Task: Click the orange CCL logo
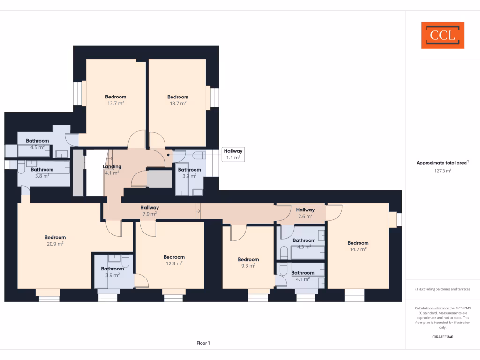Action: click(442, 35)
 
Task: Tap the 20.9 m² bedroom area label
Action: click(55, 244)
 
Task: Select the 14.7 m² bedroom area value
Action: click(358, 249)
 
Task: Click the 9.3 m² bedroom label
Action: click(248, 262)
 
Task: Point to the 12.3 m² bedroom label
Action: click(174, 260)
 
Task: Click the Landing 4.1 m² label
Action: click(112, 170)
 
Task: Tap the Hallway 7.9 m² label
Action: click(150, 210)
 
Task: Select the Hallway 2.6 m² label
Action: click(305, 213)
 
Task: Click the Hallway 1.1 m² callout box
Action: click(233, 154)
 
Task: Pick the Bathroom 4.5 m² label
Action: click(37, 143)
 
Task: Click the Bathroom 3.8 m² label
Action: click(42, 173)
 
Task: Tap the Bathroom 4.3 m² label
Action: click(304, 243)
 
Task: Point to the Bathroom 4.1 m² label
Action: click(303, 276)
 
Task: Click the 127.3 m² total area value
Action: click(442, 171)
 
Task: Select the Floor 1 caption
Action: click(203, 343)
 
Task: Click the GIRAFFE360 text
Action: click(442, 337)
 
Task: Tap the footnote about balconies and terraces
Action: click(442, 289)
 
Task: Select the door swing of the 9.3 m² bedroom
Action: click(238, 232)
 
